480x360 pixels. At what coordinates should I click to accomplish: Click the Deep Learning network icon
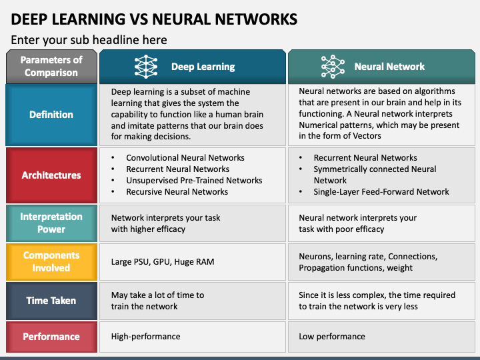(146, 67)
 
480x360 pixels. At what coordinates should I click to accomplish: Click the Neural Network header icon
(333, 67)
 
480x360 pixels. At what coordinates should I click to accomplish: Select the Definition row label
(51, 115)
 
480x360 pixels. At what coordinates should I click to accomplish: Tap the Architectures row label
(51, 175)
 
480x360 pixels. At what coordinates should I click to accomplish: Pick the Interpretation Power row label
(51, 223)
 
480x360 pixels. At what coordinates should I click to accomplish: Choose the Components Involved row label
(51, 262)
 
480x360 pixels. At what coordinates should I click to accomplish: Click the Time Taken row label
(51, 301)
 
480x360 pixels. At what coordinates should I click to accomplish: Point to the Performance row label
(51, 337)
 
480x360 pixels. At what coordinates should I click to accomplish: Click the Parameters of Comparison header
(51, 67)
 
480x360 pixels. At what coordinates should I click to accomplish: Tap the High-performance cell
(146, 337)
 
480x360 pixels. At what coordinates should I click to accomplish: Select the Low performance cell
(332, 337)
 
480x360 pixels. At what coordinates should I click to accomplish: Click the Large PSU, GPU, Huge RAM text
(163, 262)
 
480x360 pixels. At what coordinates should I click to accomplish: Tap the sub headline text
(89, 40)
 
